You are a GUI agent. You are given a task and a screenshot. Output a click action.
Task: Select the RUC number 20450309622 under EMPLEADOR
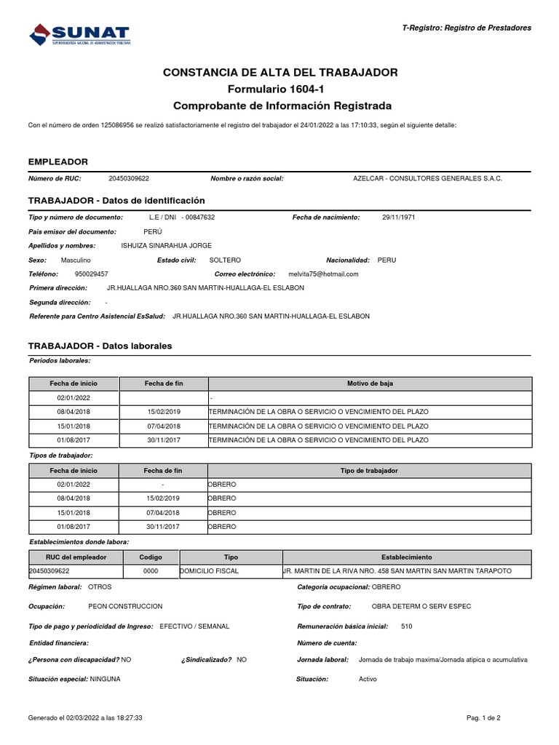(129, 178)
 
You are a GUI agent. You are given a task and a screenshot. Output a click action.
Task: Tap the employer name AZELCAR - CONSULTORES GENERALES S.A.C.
(427, 178)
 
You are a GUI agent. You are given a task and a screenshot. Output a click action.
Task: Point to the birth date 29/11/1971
(399, 217)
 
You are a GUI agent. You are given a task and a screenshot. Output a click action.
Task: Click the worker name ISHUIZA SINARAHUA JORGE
(166, 246)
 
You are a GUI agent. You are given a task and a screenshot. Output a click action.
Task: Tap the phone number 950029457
(92, 274)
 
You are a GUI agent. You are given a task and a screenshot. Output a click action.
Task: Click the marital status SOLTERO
(225, 260)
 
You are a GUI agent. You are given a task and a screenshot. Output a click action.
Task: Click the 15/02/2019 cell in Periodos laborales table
(163, 412)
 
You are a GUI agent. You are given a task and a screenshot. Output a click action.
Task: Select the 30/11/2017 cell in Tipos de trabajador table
(163, 526)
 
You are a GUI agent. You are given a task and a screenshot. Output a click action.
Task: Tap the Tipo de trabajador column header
(369, 471)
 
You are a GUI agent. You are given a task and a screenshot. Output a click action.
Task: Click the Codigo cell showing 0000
(151, 571)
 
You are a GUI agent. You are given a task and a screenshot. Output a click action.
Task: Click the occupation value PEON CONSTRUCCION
(125, 606)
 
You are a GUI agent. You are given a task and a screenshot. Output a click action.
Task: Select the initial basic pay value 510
(406, 626)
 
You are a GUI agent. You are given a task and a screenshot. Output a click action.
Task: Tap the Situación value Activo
(368, 679)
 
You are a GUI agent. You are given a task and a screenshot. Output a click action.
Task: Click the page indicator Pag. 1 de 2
(484, 717)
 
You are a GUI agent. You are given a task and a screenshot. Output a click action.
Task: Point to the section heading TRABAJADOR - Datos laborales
(100, 346)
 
